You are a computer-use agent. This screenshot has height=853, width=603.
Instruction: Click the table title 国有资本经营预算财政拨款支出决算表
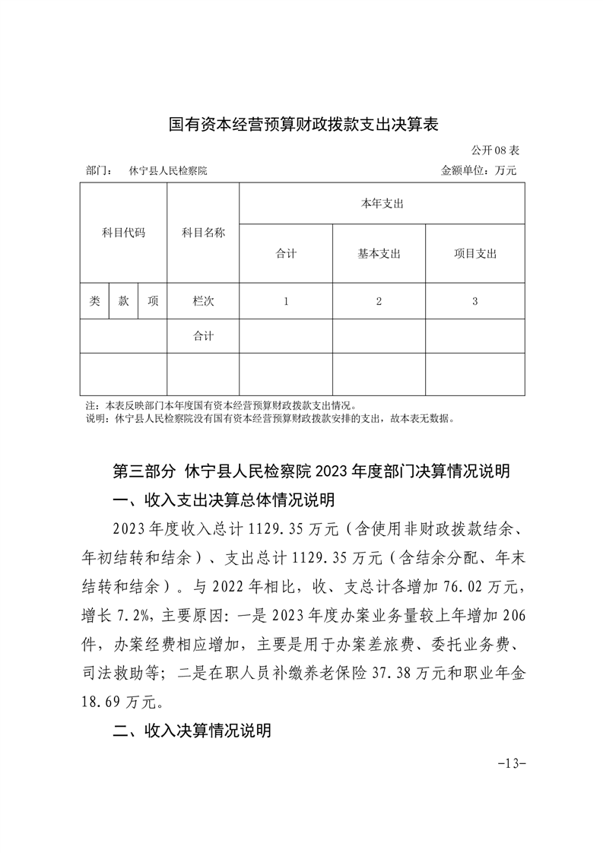tap(303, 124)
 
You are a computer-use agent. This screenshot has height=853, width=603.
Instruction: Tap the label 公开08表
tap(494, 150)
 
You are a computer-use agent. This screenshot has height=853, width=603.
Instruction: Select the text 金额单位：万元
tap(478, 170)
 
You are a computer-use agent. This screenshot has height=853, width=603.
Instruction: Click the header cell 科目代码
tap(123, 233)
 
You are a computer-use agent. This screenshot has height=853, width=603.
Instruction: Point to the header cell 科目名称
tap(203, 233)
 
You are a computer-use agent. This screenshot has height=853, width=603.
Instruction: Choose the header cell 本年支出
tap(382, 204)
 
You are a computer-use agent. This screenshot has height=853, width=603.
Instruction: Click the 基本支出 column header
tap(379, 254)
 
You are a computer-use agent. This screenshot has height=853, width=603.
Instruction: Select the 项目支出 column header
tap(474, 254)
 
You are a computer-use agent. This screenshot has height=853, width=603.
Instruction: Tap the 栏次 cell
tap(203, 301)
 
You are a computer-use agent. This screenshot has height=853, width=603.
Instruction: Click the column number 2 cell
tap(379, 301)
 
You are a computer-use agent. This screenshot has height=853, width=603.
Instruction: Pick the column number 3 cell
tap(474, 301)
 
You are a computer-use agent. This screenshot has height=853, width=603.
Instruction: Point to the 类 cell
tap(94, 301)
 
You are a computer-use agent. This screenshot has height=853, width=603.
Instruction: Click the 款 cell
tap(123, 301)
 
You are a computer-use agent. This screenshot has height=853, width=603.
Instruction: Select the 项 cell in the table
tap(153, 301)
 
